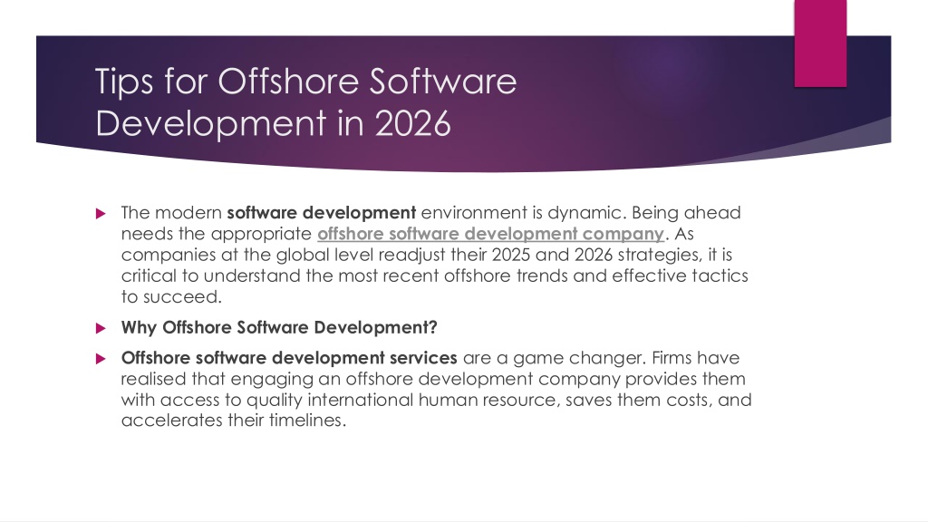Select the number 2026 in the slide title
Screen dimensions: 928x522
(x=412, y=123)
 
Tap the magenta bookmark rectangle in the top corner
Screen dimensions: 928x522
(x=820, y=43)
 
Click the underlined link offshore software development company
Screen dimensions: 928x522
(x=490, y=234)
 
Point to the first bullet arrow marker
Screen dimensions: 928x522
(x=101, y=213)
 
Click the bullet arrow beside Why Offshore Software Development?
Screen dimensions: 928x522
(x=101, y=328)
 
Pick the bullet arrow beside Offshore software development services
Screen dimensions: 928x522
(x=101, y=358)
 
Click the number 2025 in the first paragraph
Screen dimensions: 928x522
(x=511, y=255)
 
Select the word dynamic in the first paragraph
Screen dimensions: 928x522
(x=586, y=213)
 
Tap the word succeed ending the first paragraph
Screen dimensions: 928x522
(x=182, y=296)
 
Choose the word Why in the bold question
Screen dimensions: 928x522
(x=139, y=327)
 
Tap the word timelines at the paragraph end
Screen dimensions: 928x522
(x=308, y=420)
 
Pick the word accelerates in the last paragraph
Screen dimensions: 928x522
(x=171, y=420)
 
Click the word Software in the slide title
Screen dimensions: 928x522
(x=442, y=81)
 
